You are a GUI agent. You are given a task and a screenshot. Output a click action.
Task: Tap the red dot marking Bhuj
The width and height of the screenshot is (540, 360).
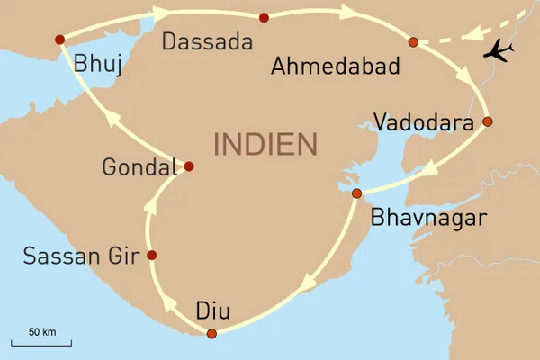pos(59,40)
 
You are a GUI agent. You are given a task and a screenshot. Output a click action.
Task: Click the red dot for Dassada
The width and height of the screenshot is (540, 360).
pos(264,18)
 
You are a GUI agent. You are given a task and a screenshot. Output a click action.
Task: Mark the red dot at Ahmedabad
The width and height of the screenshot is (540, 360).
pos(413,42)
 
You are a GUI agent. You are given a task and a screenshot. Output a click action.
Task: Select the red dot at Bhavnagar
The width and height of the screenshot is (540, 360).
pos(356,193)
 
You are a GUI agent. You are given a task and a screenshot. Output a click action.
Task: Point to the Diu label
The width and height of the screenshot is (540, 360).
pos(213,311)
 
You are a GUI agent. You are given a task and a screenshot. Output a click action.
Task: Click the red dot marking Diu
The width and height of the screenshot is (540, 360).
pos(211,334)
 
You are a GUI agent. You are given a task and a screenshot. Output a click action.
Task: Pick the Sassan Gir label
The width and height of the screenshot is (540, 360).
pos(78,256)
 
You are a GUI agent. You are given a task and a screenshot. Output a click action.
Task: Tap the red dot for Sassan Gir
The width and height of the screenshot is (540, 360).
pos(151,256)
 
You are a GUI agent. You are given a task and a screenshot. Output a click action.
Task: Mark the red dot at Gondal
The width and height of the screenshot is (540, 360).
pos(189,166)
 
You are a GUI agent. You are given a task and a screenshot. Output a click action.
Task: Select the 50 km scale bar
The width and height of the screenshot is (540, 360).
pos(41,341)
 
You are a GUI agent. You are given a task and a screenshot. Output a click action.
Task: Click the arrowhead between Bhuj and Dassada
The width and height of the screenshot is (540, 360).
pos(162,13)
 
